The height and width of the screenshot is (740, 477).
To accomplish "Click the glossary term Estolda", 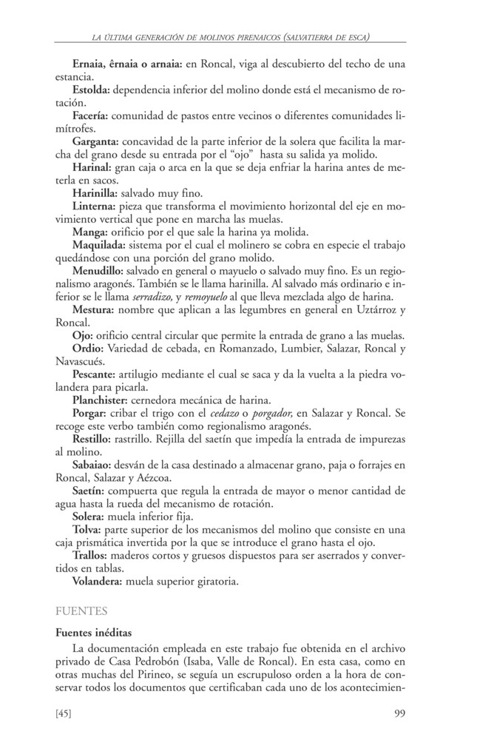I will (92, 90).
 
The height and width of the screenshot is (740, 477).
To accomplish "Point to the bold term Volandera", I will (98, 581).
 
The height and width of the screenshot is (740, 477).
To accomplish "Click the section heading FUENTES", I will (81, 612).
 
